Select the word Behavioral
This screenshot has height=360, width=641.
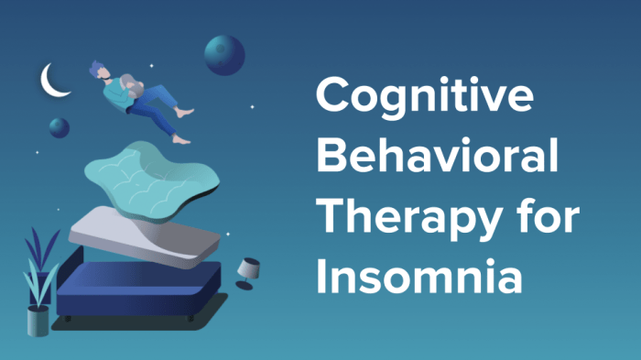point(437,156)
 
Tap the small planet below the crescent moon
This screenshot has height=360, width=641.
point(59,126)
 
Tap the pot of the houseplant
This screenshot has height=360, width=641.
point(38,321)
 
